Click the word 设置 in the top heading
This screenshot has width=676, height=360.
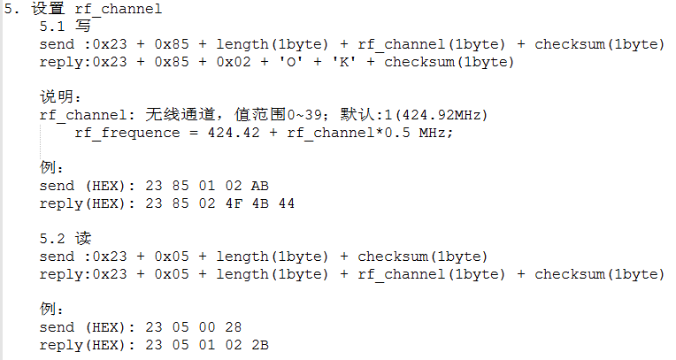coord(48,9)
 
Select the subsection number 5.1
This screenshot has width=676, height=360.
coord(52,27)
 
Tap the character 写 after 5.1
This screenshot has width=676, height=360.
coord(83,26)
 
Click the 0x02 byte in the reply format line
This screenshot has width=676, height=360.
coord(234,62)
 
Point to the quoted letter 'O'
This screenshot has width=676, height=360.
coord(291,62)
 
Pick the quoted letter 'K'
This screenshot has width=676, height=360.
coord(344,62)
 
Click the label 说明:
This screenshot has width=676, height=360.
coord(60,96)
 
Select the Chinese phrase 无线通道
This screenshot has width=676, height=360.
coord(180,114)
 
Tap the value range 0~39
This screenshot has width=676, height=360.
coord(304,115)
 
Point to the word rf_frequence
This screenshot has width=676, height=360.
coord(127,133)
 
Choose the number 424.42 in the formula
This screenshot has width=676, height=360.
coord(234,133)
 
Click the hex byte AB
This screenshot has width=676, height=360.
coord(260,186)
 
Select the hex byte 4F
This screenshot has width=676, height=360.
coord(234,203)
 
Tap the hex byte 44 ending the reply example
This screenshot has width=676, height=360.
coord(287,203)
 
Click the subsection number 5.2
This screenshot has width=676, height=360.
coord(52,239)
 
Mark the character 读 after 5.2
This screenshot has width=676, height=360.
coord(83,238)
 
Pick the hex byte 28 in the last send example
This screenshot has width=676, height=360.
coord(234,327)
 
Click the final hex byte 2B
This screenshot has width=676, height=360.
coord(260,345)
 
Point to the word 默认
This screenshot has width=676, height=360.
coord(357,114)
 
